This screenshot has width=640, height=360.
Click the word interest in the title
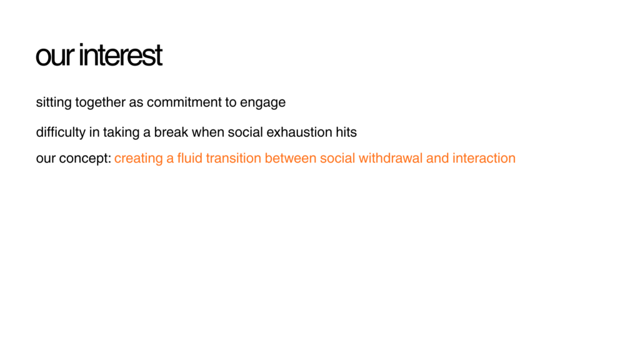(x=121, y=55)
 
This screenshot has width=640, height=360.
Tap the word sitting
(x=54, y=102)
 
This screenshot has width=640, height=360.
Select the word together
(x=101, y=102)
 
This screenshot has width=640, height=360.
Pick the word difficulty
(x=61, y=132)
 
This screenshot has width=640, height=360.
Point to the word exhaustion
(x=299, y=132)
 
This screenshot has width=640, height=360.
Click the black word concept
(x=85, y=158)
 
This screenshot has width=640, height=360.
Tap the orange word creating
(x=139, y=158)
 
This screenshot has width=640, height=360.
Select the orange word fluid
(x=190, y=158)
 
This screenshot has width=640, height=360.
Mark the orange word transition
(x=234, y=158)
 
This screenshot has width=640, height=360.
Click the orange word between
(x=291, y=158)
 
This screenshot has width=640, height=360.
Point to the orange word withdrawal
(x=391, y=158)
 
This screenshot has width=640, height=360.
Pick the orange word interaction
(x=484, y=158)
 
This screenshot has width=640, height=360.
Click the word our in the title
(x=55, y=56)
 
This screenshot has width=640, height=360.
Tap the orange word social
(x=337, y=158)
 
